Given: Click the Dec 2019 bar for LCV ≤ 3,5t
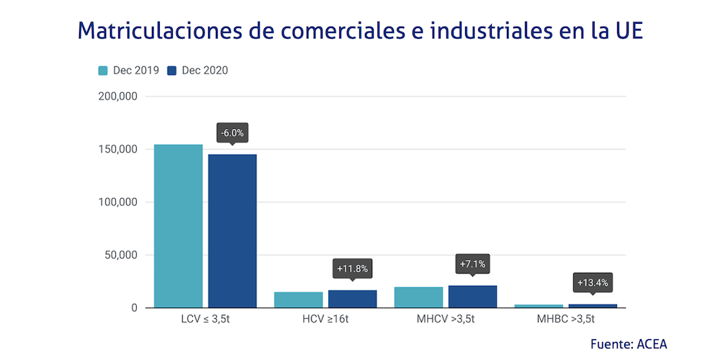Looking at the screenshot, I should click(x=179, y=226).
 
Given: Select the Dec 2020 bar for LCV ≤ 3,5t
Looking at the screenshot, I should click(x=233, y=231).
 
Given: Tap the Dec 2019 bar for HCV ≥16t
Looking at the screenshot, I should click(x=299, y=300).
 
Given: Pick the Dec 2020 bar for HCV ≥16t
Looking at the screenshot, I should click(x=353, y=299).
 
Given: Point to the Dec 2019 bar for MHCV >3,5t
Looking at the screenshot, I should click(x=418, y=297).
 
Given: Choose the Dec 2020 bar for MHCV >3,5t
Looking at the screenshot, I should click(x=472, y=297).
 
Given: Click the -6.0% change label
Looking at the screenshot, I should click(x=233, y=133).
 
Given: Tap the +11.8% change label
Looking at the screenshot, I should click(x=353, y=269).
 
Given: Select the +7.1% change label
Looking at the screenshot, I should click(x=472, y=264).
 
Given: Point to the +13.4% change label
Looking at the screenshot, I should click(x=593, y=282).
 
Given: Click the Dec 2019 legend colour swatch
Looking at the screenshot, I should click(x=103, y=71).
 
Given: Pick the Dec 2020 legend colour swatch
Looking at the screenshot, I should click(x=172, y=71).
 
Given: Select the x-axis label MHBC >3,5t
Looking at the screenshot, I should click(x=566, y=318).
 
